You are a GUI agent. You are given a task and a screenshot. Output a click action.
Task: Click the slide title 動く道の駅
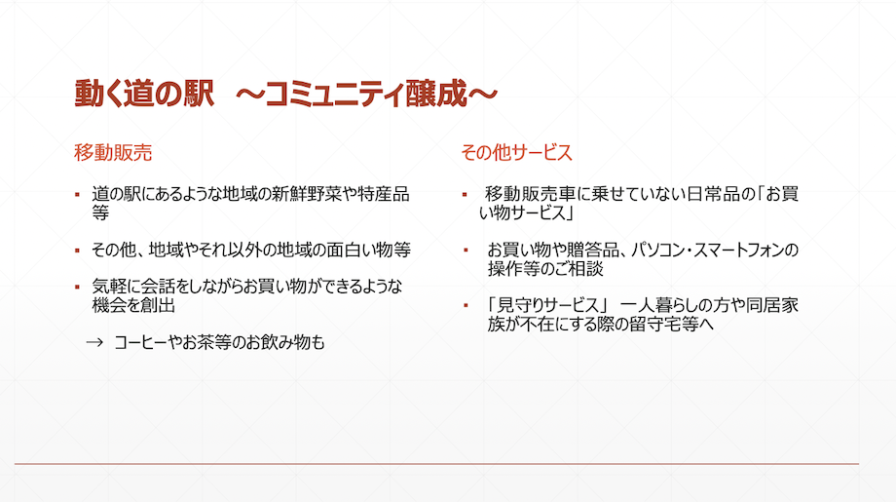click(x=144, y=94)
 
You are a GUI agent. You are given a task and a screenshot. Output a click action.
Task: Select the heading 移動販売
click(x=113, y=153)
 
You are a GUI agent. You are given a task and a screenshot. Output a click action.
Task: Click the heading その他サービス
click(x=516, y=153)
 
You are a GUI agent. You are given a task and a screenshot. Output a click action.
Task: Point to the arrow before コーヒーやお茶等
click(x=94, y=342)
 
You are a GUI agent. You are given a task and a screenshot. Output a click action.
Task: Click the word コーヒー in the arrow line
click(x=141, y=342)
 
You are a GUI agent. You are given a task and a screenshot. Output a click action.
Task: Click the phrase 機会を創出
click(x=133, y=305)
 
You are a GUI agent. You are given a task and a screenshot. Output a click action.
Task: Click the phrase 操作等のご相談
click(x=545, y=269)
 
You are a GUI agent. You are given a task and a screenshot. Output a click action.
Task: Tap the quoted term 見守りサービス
click(x=547, y=305)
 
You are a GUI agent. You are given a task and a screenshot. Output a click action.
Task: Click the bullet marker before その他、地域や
click(x=77, y=251)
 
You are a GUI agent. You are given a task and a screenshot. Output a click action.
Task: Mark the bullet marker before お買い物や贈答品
click(x=466, y=250)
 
